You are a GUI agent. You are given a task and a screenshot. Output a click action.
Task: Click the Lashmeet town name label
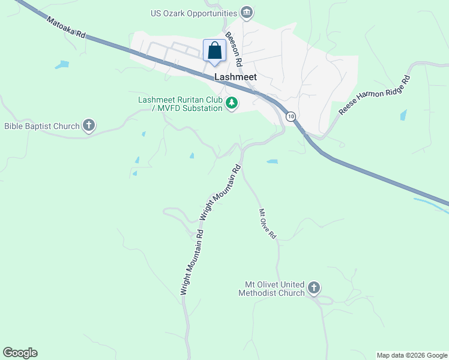point(236,77)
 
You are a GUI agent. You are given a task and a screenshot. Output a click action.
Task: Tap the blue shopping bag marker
point(215,52)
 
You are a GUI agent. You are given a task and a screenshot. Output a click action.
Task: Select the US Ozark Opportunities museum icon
point(246,13)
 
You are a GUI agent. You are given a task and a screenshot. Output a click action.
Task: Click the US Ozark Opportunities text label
point(194,13)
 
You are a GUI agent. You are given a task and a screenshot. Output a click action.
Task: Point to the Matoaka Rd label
point(67,29)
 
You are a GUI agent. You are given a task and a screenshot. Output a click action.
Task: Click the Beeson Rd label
point(234,49)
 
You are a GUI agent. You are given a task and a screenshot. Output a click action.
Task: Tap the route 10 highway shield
point(291,116)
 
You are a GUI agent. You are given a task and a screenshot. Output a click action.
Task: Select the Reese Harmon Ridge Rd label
point(375,95)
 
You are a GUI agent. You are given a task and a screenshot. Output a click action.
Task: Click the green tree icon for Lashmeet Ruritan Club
point(232,104)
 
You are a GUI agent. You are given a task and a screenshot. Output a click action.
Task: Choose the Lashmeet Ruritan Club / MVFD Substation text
point(181,104)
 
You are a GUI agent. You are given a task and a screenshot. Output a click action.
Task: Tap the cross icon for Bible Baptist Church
point(89,125)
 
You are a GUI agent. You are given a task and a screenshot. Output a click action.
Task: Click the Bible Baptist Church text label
point(42,126)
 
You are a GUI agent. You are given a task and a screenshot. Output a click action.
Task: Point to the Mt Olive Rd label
point(267,224)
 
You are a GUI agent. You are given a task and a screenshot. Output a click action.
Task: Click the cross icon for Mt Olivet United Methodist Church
point(313,289)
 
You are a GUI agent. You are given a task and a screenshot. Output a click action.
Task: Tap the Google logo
point(20,353)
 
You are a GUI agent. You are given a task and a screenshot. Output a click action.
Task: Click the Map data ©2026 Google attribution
point(412,355)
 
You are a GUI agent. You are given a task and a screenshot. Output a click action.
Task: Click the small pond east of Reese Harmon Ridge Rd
point(403,115)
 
